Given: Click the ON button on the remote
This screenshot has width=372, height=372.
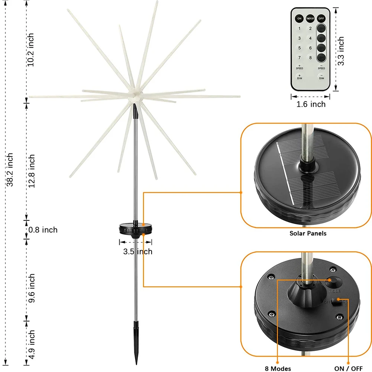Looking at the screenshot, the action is coord(299,18).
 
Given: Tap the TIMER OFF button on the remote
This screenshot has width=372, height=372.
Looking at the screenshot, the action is coord(310,18).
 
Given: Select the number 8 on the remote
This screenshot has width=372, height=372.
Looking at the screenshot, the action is coord(310,58).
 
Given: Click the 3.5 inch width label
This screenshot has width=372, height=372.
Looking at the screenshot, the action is coord(138,252).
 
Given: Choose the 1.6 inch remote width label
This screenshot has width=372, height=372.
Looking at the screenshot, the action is coord(311,104).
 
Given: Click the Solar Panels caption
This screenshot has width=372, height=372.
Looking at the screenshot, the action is coord(308,233).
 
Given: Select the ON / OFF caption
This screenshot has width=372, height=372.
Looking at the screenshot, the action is coord(348,368).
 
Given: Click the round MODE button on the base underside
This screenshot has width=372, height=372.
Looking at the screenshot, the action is coord(333,282).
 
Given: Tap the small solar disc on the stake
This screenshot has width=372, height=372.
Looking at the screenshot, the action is coord(135,228).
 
